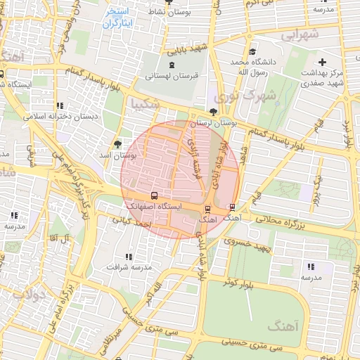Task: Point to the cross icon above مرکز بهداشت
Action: coord(323,63)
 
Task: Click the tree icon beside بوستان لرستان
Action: coord(214,112)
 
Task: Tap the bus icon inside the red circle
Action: coord(154,196)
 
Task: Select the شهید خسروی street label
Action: coord(247,245)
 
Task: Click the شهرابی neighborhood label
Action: coord(300,34)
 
